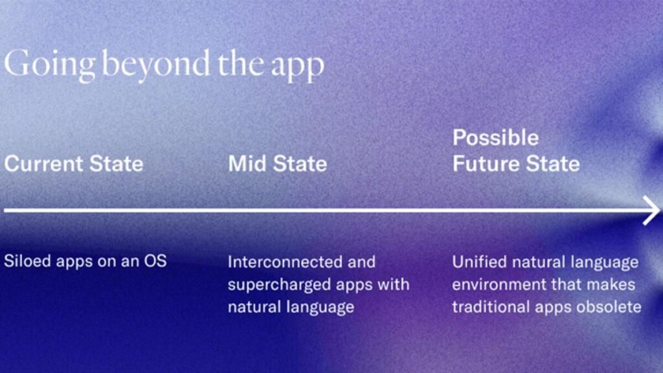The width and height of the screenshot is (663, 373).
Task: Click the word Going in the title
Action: (49, 65)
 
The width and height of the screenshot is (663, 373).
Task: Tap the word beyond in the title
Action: (156, 65)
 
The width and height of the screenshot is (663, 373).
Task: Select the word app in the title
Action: (297, 67)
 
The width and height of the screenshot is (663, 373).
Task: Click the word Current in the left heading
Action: (44, 164)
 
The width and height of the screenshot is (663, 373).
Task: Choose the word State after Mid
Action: (300, 164)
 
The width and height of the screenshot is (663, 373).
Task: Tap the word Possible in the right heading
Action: (495, 138)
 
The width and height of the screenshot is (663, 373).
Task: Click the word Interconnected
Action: (286, 262)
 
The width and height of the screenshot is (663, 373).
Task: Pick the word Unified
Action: (479, 262)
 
